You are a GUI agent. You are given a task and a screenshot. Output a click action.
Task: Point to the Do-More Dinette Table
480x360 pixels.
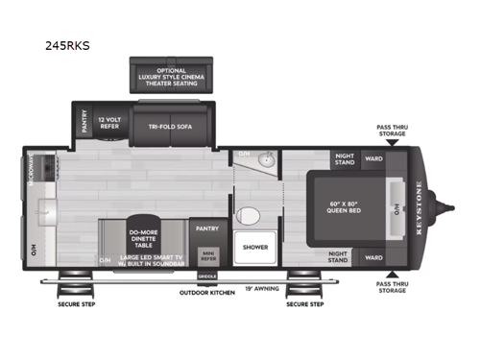click(x=148, y=235)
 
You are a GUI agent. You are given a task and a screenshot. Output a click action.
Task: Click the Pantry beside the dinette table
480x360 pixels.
click(x=206, y=228)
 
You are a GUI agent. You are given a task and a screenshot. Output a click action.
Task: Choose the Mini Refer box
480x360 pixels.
click(x=207, y=255)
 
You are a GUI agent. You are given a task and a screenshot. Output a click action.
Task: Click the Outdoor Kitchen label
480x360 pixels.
click(x=207, y=293)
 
